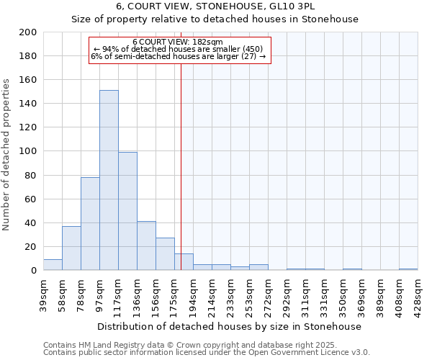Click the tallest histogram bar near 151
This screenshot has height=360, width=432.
coord(109,180)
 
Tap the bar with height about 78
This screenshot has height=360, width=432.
coord(90,223)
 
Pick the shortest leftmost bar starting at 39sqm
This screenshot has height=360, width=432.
coord(53,265)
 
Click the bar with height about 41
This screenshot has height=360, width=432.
coord(146,246)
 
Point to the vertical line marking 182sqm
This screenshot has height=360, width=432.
coord(181,166)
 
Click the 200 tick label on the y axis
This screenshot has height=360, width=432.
coord(28,32)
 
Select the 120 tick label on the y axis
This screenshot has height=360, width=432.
coord(28,127)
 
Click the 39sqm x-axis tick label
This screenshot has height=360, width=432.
coord(44,292)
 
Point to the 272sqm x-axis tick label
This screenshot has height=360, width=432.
coord(269,293)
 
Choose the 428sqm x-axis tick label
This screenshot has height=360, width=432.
coord(418,293)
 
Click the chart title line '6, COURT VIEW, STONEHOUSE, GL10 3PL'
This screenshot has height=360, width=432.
coord(215,6)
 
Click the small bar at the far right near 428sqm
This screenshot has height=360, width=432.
coord(408,269)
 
